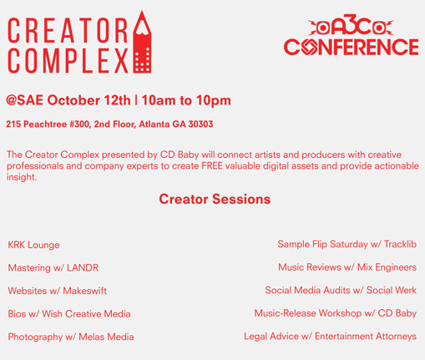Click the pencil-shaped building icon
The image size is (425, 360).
[x=142, y=44]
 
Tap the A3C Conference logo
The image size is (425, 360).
[x=352, y=34]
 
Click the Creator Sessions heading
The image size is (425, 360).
[x=215, y=199]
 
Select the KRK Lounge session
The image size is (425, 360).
[x=33, y=245]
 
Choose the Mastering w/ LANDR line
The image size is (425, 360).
[x=53, y=268]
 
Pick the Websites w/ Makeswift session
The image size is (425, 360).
[x=58, y=291]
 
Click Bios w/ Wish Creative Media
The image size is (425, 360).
[x=69, y=314]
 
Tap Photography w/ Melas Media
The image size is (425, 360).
[x=71, y=337]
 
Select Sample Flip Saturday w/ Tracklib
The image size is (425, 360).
[x=347, y=244]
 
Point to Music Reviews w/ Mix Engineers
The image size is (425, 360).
[x=347, y=267]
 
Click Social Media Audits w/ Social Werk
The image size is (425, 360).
[x=341, y=290]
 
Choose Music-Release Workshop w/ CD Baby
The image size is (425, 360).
[x=336, y=313]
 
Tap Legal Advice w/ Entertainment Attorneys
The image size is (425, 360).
[x=331, y=337]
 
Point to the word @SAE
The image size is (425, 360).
[x=24, y=100]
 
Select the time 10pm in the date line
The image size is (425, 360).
[x=214, y=101]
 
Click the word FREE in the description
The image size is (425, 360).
[x=212, y=166]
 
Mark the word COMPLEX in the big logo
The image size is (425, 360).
[x=68, y=61]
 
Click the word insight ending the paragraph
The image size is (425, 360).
[x=22, y=177]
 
